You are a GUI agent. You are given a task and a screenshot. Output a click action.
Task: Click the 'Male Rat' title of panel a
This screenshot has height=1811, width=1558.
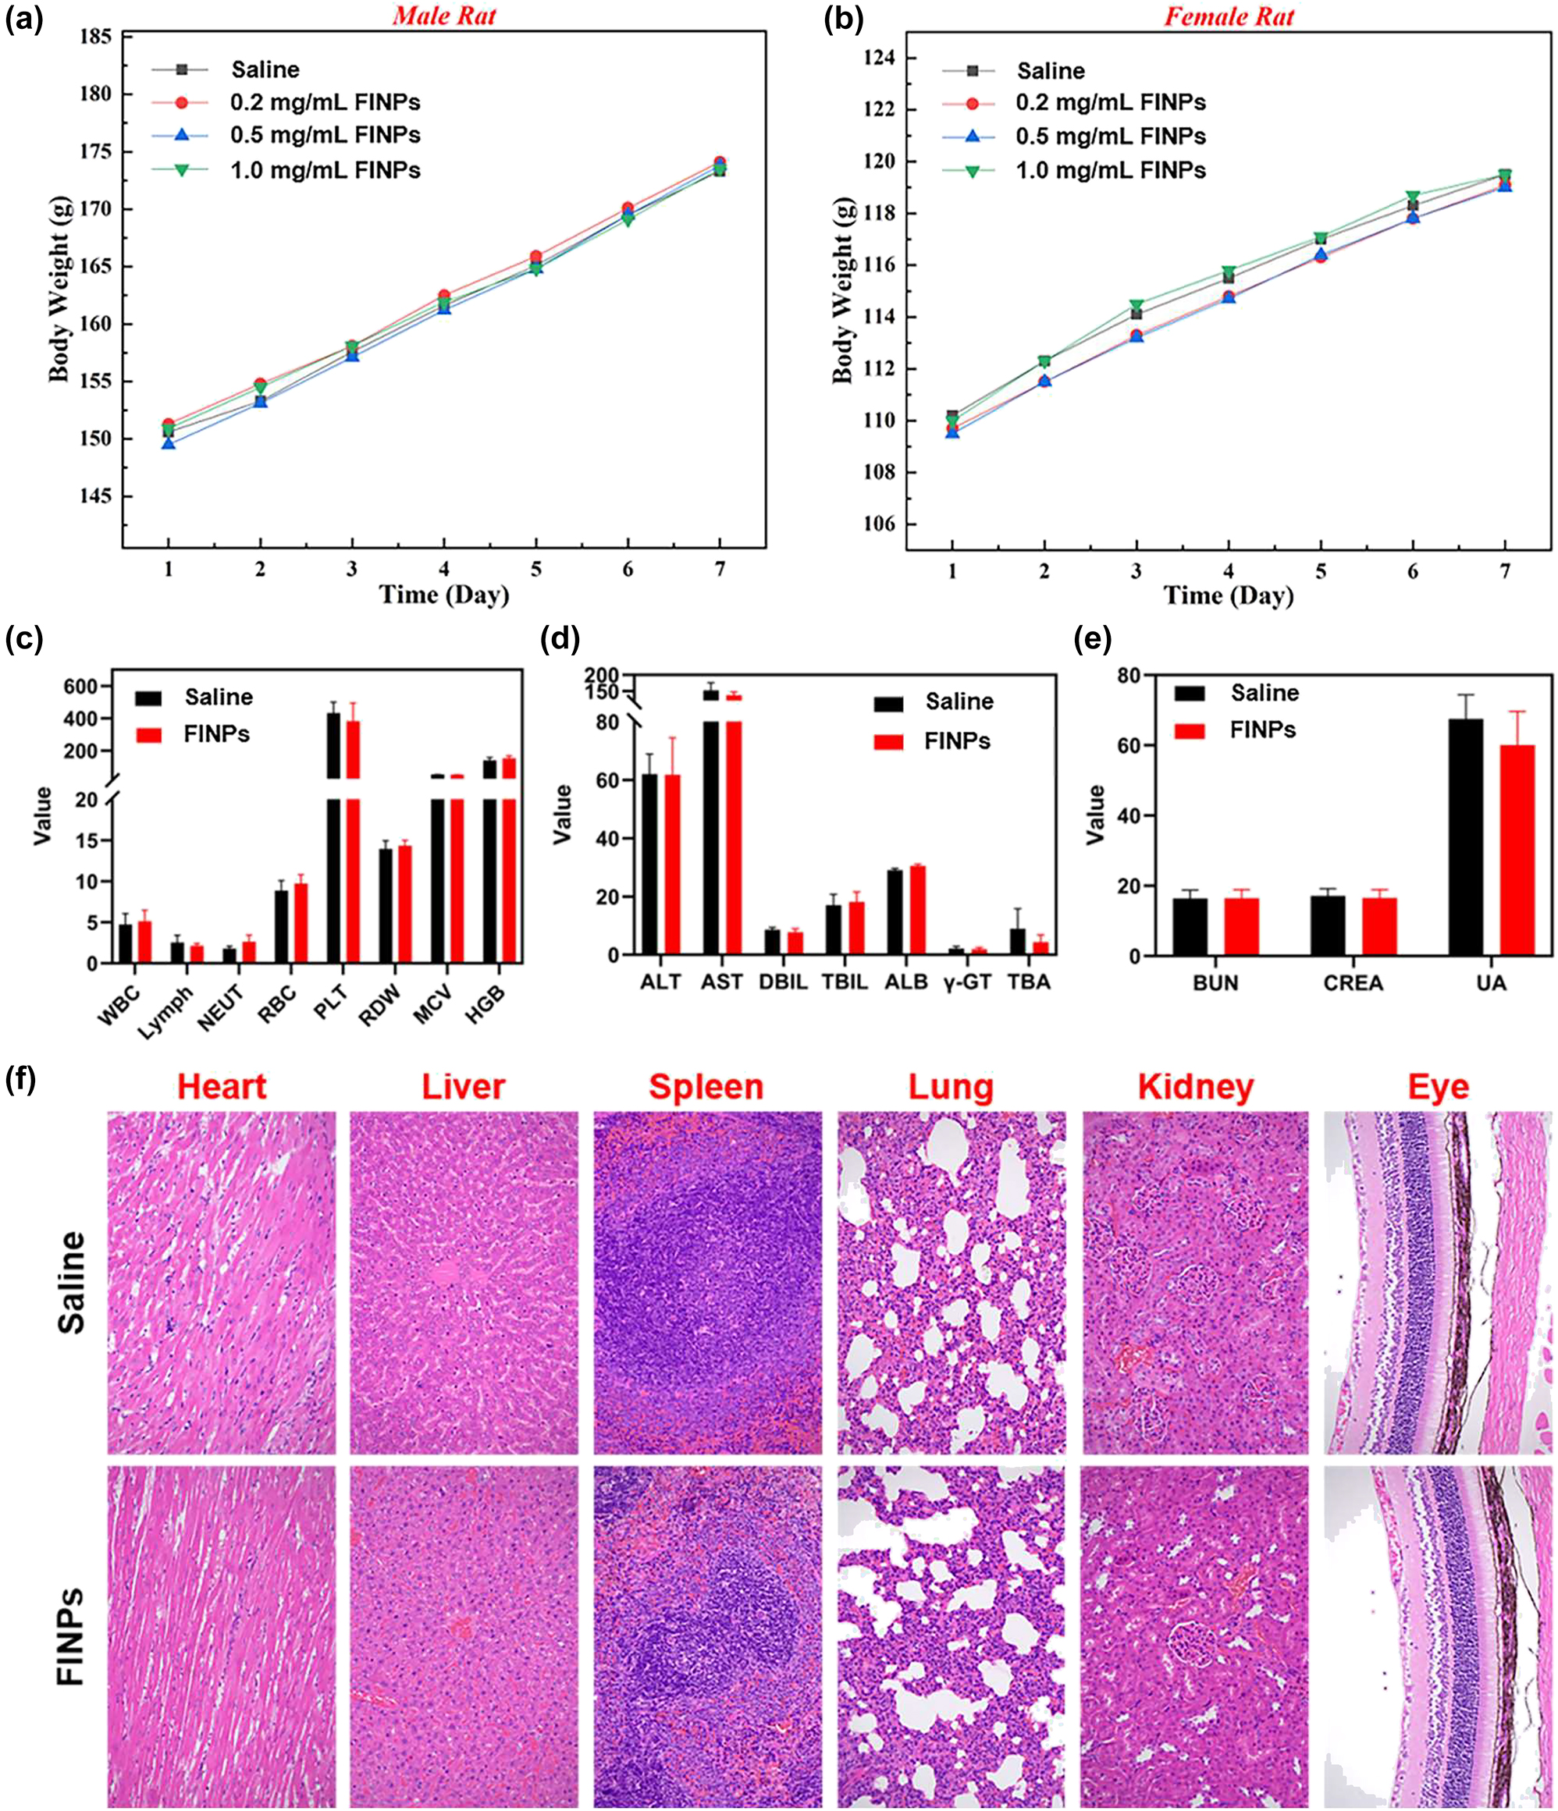tap(444, 16)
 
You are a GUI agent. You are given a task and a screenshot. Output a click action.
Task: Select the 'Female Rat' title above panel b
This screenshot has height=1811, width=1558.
tap(1229, 16)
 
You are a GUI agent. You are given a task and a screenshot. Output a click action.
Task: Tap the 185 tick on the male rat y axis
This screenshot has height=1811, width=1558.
tap(95, 37)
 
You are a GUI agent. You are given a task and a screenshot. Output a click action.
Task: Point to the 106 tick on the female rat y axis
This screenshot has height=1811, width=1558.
tap(879, 524)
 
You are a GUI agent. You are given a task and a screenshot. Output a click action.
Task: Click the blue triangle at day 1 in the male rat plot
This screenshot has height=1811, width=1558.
tap(168, 444)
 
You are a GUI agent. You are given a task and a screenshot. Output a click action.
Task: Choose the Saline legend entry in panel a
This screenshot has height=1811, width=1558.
tap(264, 70)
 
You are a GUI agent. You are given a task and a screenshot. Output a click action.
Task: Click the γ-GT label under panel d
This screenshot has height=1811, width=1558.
tap(967, 982)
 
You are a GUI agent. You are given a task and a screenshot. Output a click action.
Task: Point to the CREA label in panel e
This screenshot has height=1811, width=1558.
tap(1353, 983)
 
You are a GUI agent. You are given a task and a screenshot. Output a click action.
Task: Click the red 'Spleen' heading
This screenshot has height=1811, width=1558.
tap(706, 1087)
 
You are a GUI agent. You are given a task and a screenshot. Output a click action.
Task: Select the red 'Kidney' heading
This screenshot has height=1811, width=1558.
tap(1195, 1087)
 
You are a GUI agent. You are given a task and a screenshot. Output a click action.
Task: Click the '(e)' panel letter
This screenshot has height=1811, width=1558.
tap(1092, 640)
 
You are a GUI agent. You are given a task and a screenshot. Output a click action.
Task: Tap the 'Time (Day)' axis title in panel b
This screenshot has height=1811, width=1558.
tap(1228, 596)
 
